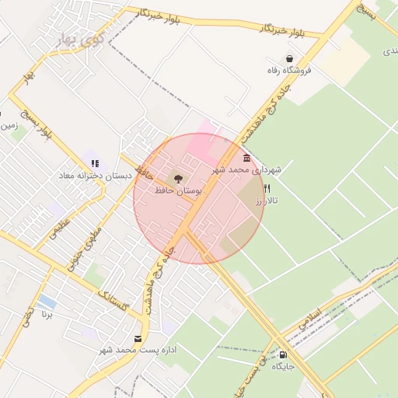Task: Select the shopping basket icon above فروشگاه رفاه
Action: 290,58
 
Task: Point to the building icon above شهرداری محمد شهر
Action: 246,158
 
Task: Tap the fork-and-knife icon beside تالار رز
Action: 267,188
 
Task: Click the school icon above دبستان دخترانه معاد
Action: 95,163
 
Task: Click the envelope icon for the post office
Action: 138,338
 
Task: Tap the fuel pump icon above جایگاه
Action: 281,354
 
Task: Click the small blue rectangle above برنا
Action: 47,301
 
